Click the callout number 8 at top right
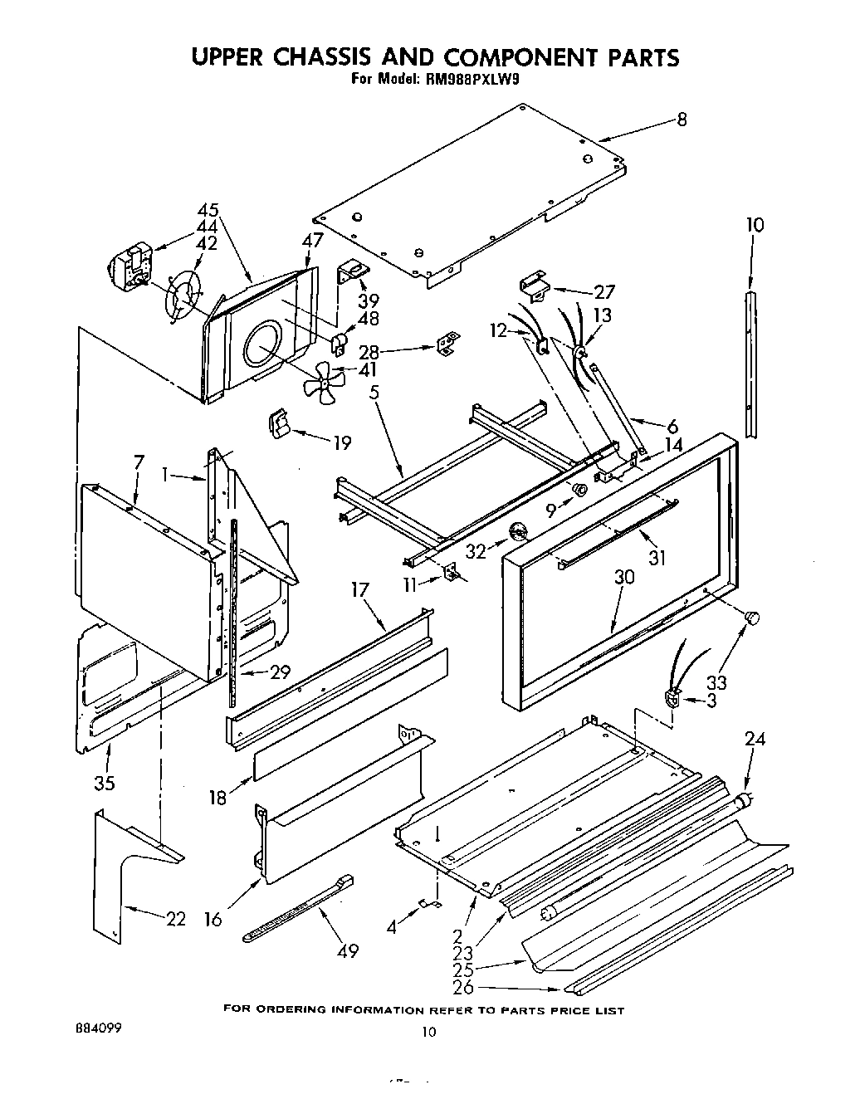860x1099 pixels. point(682,120)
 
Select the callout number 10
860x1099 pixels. point(755,225)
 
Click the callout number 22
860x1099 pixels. point(175,919)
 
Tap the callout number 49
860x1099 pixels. point(348,950)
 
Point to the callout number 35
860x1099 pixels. point(105,783)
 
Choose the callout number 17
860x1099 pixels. point(359,591)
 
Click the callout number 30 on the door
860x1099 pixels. point(623,577)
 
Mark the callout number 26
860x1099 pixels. point(463,988)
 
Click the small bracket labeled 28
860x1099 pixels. point(448,343)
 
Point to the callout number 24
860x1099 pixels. point(755,740)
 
